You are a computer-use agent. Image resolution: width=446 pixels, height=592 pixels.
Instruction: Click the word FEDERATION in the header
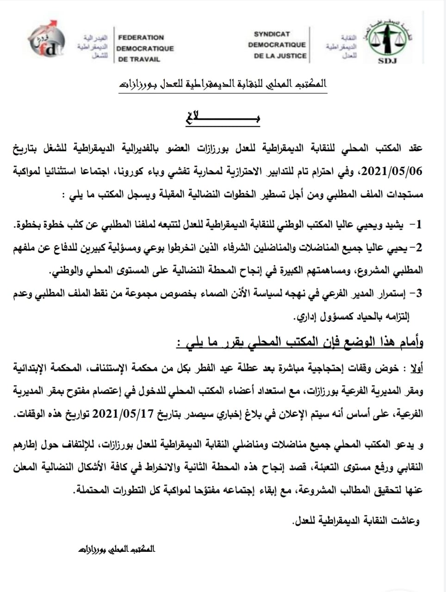click(x=141, y=37)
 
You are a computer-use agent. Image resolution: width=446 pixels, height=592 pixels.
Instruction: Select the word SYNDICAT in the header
click(x=272, y=34)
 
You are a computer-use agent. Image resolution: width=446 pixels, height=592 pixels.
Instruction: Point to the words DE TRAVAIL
click(x=139, y=59)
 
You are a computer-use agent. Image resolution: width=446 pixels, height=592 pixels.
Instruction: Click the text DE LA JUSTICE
click(x=280, y=55)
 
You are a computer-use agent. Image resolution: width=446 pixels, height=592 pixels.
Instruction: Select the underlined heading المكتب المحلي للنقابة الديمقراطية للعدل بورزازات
click(x=222, y=85)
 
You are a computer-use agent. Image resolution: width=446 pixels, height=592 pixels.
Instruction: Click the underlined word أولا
click(x=415, y=368)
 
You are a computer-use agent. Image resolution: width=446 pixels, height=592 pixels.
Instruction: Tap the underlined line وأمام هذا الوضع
click(x=301, y=342)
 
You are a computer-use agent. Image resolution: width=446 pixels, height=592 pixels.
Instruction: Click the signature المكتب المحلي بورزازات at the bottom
click(x=117, y=549)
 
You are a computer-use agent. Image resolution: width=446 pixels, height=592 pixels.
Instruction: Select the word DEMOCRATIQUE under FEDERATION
click(x=145, y=48)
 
